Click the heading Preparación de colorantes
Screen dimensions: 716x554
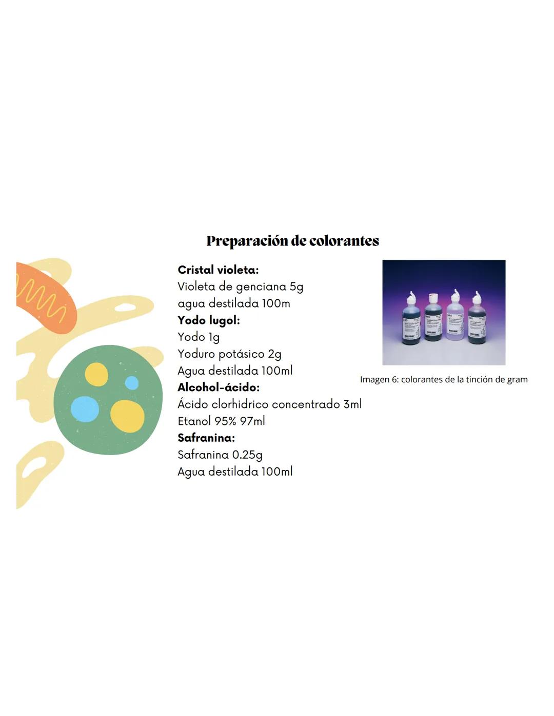[x=292, y=241]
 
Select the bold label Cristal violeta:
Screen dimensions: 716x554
[x=218, y=270]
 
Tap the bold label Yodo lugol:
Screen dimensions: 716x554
[x=208, y=320]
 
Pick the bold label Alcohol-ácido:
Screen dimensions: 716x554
[x=219, y=387]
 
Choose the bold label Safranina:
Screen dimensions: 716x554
[x=206, y=438]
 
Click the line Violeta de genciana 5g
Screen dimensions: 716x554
[x=240, y=287]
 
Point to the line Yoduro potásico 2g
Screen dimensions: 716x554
[x=229, y=354]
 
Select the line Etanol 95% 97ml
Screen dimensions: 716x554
[x=221, y=421]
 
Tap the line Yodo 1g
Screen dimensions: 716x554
[x=199, y=337]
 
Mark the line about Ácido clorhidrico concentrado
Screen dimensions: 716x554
[x=269, y=404]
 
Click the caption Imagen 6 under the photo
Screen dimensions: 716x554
[x=444, y=380]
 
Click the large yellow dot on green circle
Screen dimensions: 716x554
[x=127, y=416]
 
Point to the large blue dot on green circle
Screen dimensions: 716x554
[x=85, y=409]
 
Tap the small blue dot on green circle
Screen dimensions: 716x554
[x=132, y=383]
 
